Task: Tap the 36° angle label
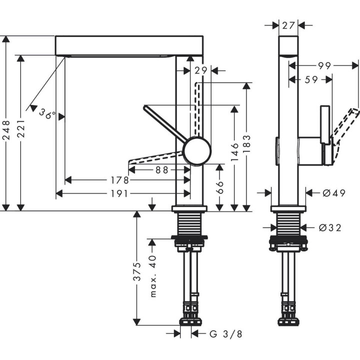[x=47, y=114]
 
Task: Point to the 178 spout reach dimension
[x=120, y=179]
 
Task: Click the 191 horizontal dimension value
[x=120, y=193]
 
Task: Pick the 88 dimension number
[x=161, y=169]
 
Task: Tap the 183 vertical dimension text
[x=246, y=144]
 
